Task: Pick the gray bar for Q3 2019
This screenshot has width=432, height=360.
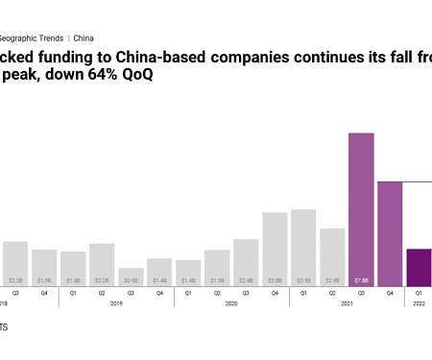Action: (131, 276)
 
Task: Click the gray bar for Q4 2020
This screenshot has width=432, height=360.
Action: (275, 249)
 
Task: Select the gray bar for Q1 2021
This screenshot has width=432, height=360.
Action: (303, 248)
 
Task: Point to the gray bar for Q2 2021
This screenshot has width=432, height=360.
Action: (332, 256)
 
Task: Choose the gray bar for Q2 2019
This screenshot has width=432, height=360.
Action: (102, 264)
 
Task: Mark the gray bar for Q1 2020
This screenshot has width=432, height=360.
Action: (188, 273)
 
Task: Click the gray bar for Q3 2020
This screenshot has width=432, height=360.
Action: (246, 262)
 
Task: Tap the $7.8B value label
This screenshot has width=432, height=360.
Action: (361, 280)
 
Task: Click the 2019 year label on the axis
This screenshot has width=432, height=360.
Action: (116, 303)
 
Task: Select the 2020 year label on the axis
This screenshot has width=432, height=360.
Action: (231, 303)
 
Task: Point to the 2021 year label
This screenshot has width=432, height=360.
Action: (347, 303)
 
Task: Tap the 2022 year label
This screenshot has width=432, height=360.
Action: (419, 303)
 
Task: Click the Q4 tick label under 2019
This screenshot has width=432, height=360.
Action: (159, 293)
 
